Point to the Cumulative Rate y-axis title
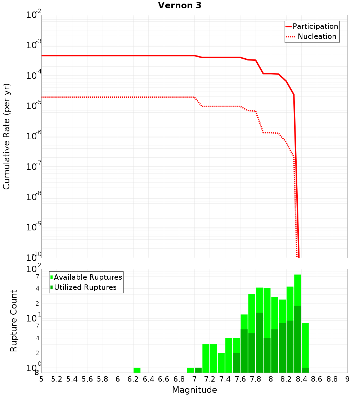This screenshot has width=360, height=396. point(6,136)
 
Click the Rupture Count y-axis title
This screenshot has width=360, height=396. point(14,321)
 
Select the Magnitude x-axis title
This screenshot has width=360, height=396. point(194,390)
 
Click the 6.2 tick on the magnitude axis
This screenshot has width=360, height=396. point(133,379)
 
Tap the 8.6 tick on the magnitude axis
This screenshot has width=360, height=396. point(317,379)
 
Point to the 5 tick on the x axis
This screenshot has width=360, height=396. point(41,379)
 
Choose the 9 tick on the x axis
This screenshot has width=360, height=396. point(347,379)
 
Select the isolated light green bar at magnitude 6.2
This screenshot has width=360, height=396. point(137,370)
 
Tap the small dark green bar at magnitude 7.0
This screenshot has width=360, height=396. point(198,370)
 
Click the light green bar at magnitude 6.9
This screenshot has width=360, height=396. point(190,370)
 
